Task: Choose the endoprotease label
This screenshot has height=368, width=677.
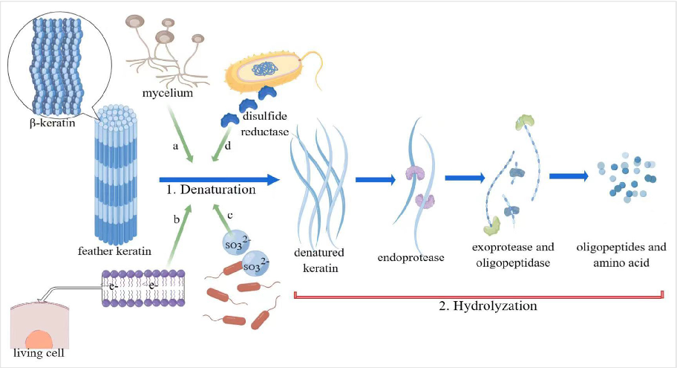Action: coord(410,257)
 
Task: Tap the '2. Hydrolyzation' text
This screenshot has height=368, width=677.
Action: coord(486,306)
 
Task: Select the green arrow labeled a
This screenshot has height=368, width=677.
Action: coord(182,135)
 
